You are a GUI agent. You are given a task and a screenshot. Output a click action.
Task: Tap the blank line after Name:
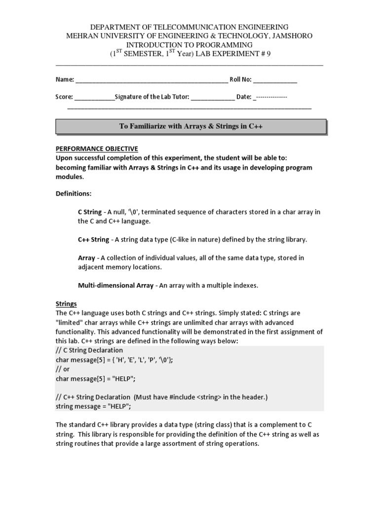point(151,80)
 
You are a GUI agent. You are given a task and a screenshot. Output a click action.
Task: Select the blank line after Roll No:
point(275,80)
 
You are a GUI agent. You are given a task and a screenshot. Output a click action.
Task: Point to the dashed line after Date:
point(270,97)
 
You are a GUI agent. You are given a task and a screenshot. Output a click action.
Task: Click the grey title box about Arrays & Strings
point(190,126)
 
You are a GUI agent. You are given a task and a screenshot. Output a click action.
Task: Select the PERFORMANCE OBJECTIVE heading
point(97,148)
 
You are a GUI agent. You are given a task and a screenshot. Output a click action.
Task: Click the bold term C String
point(90,212)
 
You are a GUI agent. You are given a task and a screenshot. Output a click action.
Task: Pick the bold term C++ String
point(93,240)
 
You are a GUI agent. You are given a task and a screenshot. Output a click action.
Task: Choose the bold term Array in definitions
point(86,258)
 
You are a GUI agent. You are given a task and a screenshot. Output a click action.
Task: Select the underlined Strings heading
point(66,304)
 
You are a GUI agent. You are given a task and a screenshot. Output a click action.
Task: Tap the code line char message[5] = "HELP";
point(95,378)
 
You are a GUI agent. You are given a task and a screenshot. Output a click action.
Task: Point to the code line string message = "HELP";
point(94,406)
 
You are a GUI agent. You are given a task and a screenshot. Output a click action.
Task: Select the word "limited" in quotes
point(70,323)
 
